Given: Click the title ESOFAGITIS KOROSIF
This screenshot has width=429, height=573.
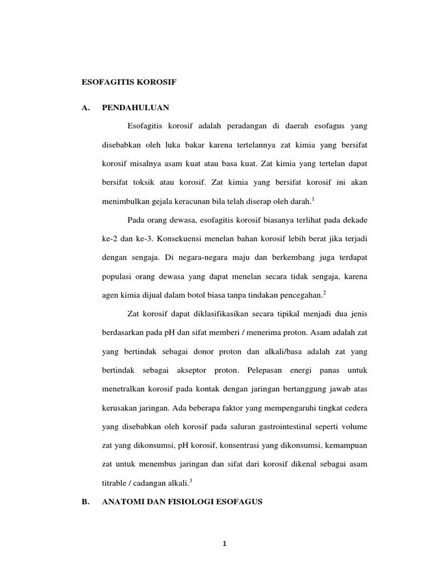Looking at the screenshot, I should pos(129,82).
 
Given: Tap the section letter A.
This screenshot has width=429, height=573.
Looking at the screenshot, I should pos(85,107).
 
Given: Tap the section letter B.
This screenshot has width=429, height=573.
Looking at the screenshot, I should pos(85,502).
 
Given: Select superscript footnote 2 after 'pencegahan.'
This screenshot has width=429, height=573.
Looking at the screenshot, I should pos(325,292).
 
